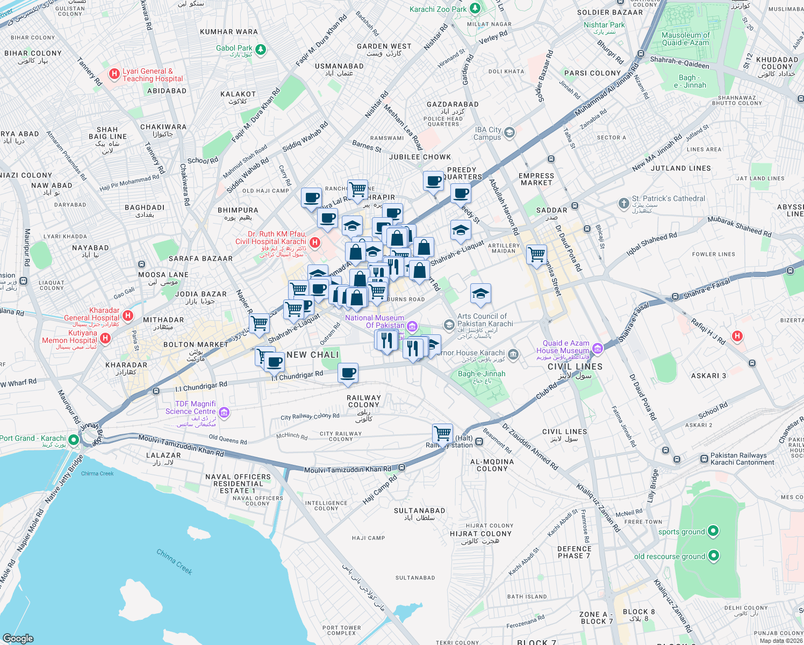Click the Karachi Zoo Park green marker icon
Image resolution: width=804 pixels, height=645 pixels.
pyautogui.click(x=475, y=9)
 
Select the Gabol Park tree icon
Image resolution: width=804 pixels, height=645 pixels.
pyautogui.click(x=261, y=49)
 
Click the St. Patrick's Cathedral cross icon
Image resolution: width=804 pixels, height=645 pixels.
pyautogui.click(x=623, y=203)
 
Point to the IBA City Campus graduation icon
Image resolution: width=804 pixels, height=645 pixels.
pyautogui.click(x=509, y=132)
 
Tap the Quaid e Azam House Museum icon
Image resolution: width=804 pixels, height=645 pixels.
pyautogui.click(x=598, y=348)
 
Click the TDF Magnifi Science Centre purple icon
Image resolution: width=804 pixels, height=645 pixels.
pyautogui.click(x=225, y=413)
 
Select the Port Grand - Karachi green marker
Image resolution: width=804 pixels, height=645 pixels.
pyautogui.click(x=74, y=440)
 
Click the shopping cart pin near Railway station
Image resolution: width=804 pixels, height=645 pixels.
pyautogui.click(x=443, y=433)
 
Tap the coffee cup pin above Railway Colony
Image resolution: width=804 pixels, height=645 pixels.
pyautogui.click(x=348, y=372)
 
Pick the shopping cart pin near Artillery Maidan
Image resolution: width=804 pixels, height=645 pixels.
pyautogui.click(x=536, y=254)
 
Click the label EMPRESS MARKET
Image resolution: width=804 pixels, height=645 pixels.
pyautogui.click(x=536, y=179)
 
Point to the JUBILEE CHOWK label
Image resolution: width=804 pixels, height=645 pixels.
pyautogui.click(x=420, y=157)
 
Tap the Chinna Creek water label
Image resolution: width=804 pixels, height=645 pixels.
pyautogui.click(x=174, y=562)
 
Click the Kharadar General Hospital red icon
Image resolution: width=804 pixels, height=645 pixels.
pyautogui.click(x=128, y=316)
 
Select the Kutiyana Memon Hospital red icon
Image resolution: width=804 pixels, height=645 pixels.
pyautogui.click(x=105, y=338)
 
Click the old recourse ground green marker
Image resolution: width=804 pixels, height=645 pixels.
pyautogui.click(x=714, y=555)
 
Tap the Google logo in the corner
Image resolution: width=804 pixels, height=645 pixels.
pyautogui.click(x=18, y=638)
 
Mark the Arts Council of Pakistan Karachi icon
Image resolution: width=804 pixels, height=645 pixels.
pyautogui.click(x=449, y=325)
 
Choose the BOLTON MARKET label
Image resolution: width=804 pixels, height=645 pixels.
pyautogui.click(x=196, y=345)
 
